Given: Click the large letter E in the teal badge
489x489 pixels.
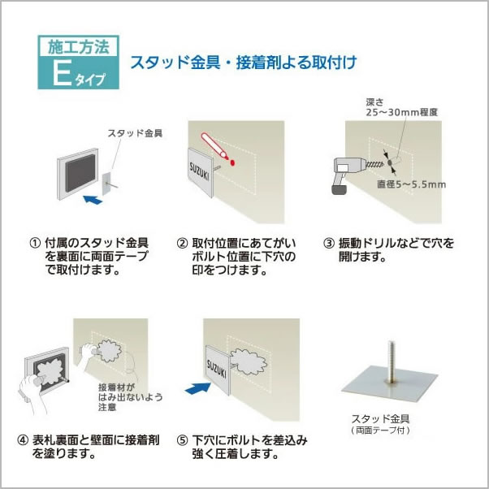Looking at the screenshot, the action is coord(62,74).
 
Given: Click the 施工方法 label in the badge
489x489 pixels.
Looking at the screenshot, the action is coord(79,48).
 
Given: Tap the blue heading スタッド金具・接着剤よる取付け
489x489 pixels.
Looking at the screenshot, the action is coord(243,63).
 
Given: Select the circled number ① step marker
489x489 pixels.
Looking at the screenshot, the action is coord(35,242).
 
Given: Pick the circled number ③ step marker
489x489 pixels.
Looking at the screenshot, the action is coord(329,243).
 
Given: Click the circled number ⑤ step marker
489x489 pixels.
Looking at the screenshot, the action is coord(182,440).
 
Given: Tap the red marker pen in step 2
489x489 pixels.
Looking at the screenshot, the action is coord(214,145).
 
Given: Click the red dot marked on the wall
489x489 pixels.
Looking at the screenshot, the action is coord(232,162).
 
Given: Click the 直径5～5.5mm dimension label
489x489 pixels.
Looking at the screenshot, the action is coord(411,184).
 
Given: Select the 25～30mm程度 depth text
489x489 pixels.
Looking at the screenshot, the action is coord(401,112).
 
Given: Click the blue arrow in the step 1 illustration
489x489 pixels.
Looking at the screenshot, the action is coord(93,200).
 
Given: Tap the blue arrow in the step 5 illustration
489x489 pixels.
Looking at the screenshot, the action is coord(197,388).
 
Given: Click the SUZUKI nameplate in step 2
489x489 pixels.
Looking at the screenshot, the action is coord(200,172).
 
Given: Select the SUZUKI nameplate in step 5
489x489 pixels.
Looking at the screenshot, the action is coord(218,370).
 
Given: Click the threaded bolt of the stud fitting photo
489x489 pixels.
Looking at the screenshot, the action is coord(391,361).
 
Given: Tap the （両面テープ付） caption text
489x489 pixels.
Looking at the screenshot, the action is coord(380,431).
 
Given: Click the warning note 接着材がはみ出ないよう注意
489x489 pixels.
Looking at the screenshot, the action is coord(130,397).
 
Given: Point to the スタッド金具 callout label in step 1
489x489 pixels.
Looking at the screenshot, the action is coord(135,133).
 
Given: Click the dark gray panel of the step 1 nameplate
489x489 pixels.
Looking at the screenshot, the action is coord(80,173).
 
